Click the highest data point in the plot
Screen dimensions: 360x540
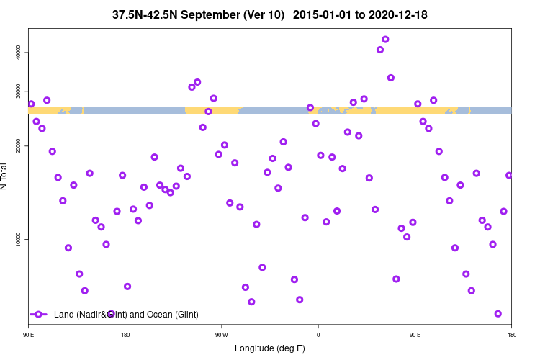[x=385, y=40]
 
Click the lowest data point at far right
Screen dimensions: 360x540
[x=498, y=314]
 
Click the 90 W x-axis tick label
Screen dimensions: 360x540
[x=221, y=335]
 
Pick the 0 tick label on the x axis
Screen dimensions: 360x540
[x=318, y=335]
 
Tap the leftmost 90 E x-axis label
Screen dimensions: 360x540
[x=29, y=335]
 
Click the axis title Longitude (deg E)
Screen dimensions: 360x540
[x=270, y=348]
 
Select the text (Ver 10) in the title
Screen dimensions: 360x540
[x=260, y=15]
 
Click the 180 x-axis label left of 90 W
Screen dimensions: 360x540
[x=125, y=335]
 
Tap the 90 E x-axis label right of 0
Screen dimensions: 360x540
[x=415, y=335]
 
